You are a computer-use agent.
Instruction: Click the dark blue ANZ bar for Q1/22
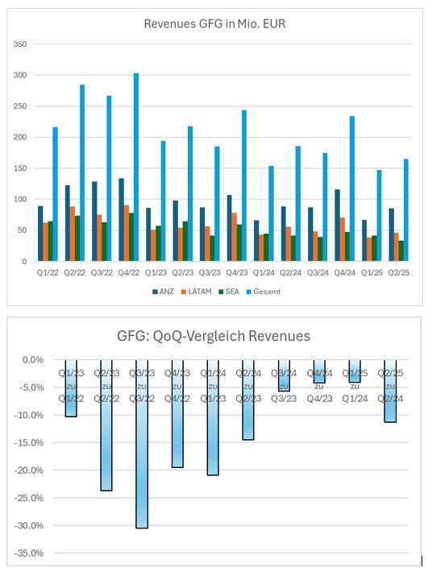click(x=40, y=234)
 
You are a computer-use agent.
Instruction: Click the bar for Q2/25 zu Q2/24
click(x=391, y=391)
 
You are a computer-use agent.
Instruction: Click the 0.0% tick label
click(x=32, y=360)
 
